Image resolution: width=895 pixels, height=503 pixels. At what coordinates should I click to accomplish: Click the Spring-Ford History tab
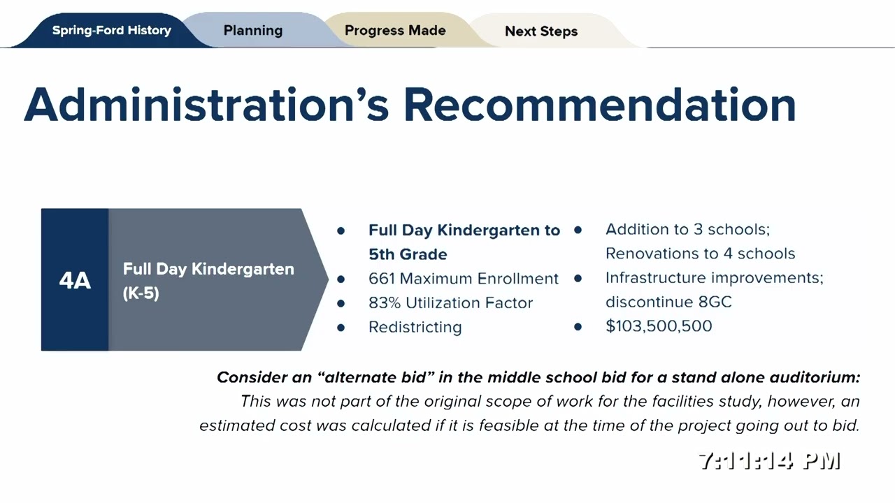click(111, 31)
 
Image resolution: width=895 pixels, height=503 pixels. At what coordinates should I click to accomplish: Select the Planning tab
click(253, 31)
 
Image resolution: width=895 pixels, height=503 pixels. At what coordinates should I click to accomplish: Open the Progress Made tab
click(395, 31)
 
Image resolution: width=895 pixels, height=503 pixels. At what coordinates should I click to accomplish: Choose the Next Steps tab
click(541, 31)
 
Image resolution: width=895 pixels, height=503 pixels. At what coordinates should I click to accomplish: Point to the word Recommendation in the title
click(599, 105)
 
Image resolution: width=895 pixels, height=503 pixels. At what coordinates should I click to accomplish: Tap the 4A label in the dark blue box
click(75, 281)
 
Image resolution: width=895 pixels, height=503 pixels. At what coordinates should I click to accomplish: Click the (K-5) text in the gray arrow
click(141, 293)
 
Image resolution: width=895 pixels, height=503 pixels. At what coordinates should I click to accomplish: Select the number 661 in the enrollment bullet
click(382, 279)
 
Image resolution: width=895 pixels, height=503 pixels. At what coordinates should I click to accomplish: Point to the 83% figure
click(383, 303)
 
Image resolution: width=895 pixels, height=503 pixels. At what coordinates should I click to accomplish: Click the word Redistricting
click(415, 327)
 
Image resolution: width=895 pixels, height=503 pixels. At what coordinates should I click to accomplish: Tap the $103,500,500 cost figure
click(659, 326)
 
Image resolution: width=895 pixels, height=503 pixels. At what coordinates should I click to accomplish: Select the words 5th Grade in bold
click(408, 254)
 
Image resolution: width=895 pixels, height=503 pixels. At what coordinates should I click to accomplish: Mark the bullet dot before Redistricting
click(341, 327)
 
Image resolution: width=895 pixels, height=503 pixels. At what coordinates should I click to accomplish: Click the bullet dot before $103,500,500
click(578, 326)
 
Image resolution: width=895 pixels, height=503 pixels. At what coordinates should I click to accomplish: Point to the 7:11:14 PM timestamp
click(769, 461)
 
